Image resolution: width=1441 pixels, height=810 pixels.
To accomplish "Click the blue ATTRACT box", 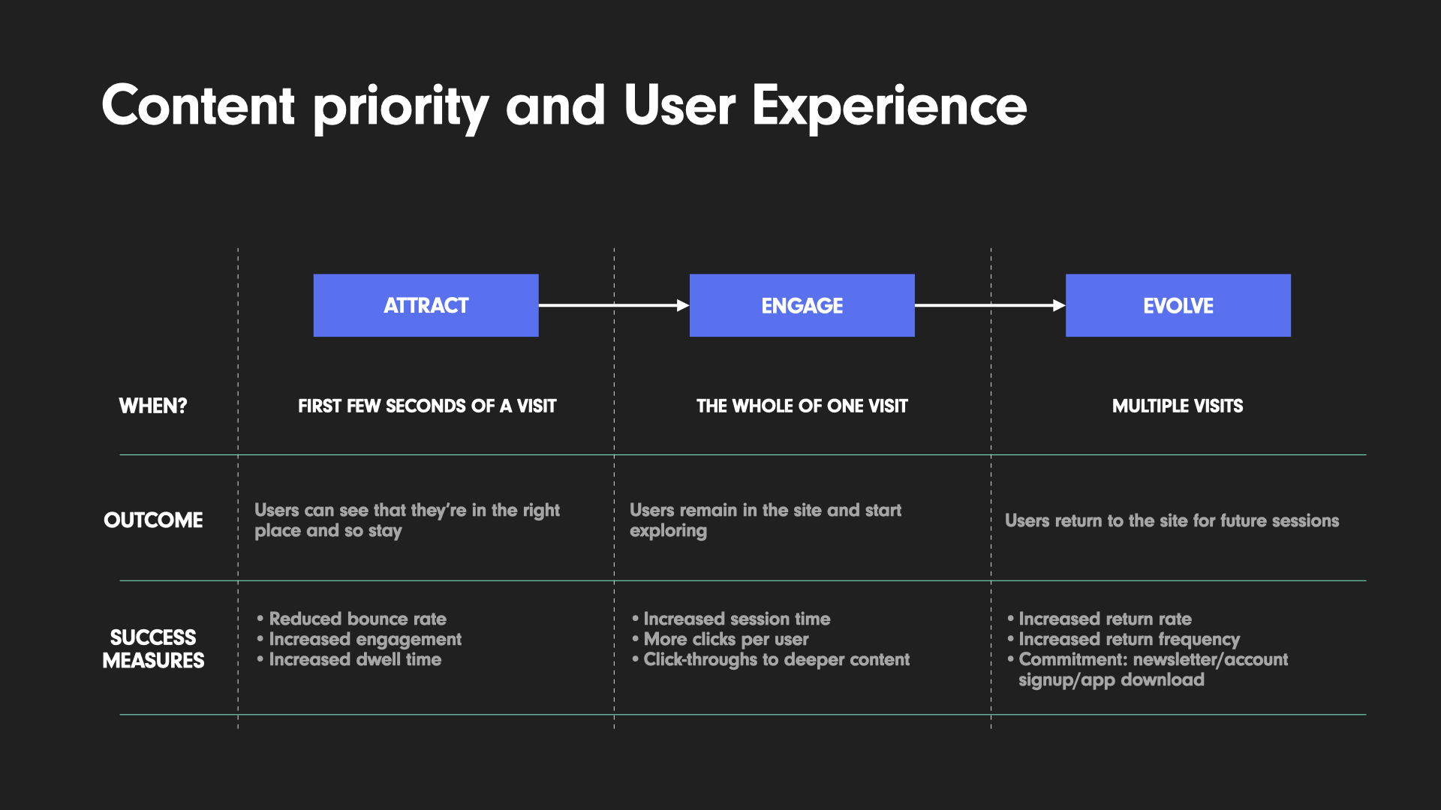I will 426,305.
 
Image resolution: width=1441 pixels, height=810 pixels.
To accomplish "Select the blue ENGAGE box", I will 802,305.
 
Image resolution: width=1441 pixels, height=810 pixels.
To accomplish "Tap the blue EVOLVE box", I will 1178,305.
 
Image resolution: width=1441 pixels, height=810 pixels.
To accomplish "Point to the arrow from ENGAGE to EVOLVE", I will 989,305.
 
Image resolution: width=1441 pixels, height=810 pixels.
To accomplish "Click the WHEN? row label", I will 153,406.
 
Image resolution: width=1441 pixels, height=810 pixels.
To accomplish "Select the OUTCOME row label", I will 153,520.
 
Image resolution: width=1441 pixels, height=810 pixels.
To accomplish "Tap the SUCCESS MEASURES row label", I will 153,649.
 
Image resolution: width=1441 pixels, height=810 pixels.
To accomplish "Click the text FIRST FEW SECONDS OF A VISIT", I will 427,406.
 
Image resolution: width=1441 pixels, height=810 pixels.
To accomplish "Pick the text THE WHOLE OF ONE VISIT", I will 802,406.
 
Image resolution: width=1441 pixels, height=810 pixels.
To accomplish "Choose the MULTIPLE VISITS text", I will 1178,406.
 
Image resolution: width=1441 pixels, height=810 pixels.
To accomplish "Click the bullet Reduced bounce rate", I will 357,619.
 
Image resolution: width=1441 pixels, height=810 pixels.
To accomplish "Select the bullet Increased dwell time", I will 355,659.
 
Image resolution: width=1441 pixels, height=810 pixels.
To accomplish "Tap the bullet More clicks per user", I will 726,639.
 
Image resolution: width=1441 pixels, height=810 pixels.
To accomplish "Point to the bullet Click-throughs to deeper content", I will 776,659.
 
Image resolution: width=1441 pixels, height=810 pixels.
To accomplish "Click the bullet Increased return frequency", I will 1129,639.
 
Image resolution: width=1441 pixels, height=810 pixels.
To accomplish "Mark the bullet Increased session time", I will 736,619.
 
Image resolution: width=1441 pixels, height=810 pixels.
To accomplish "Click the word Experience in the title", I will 889,106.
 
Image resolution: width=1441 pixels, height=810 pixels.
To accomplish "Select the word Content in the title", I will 198,106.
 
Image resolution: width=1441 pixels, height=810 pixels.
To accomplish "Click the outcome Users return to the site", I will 1172,520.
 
